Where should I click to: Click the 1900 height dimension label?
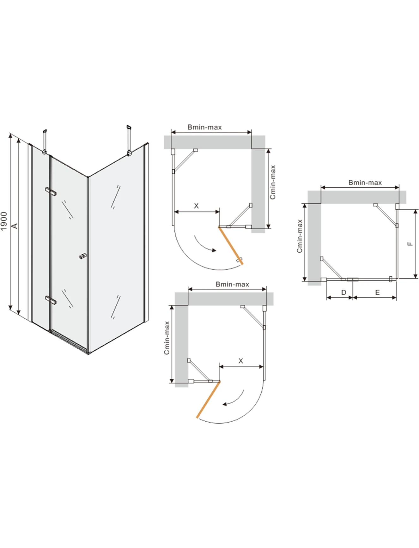coord(4,221)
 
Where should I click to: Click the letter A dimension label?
coord(15,226)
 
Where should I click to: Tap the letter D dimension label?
coord(344,292)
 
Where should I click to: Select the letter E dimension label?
coord(377,292)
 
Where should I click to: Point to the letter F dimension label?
coord(410,244)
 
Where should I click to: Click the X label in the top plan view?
coord(196,206)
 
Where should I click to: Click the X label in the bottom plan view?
coord(241,361)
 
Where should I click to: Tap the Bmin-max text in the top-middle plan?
coord(205,127)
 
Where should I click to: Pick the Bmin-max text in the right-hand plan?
coord(365,183)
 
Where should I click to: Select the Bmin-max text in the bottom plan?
coord(232,284)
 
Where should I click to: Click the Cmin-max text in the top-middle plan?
coord(273,182)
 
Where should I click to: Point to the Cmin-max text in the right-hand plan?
coord(300,236)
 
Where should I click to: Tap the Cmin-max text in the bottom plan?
coord(167,338)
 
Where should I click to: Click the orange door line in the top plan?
coord(231,245)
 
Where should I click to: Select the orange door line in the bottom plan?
coord(208,400)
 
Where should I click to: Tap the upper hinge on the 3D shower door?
coord(51,191)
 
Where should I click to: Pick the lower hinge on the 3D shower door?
coord(51,300)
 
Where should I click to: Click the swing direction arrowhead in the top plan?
coord(214,250)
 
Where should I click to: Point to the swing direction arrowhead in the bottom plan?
coord(225,404)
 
